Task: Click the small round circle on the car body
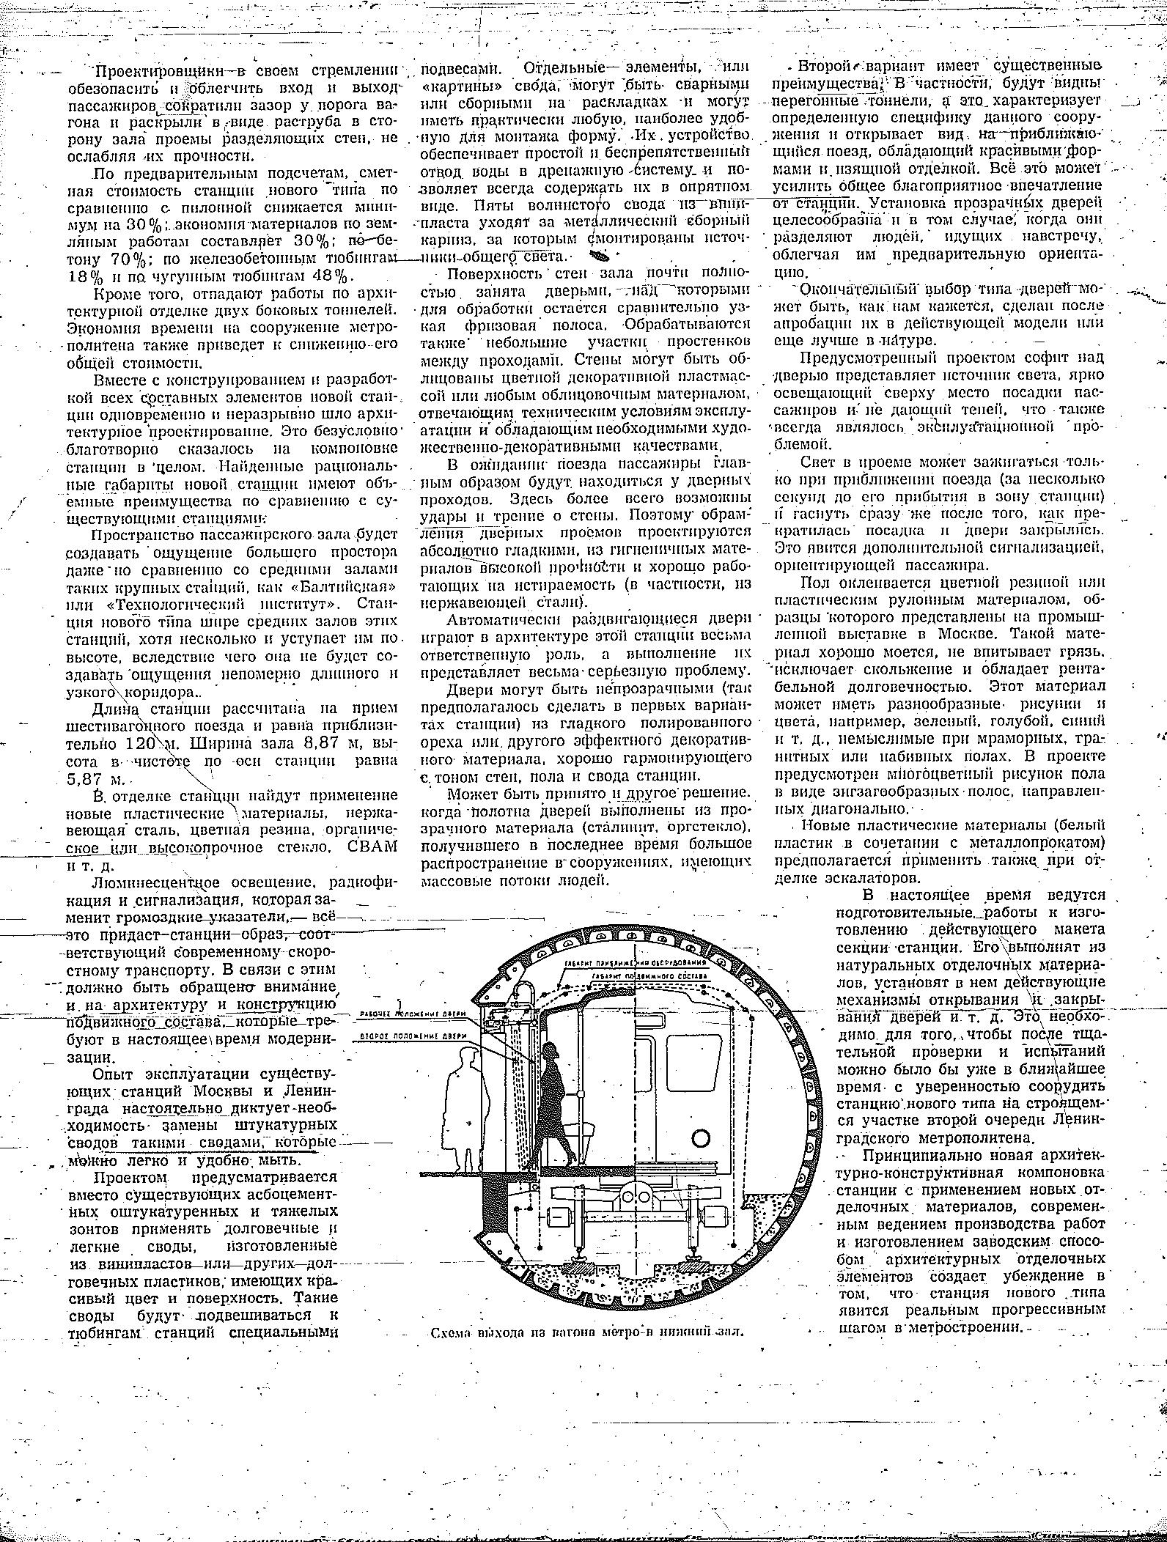click(701, 1137)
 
